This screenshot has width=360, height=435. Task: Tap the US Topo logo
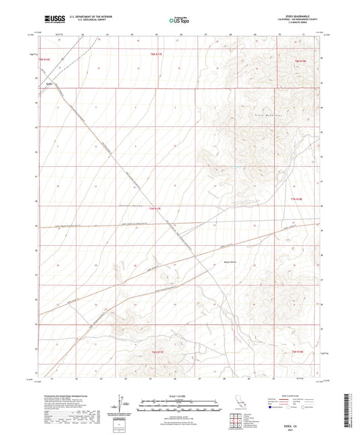pos(179,21)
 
